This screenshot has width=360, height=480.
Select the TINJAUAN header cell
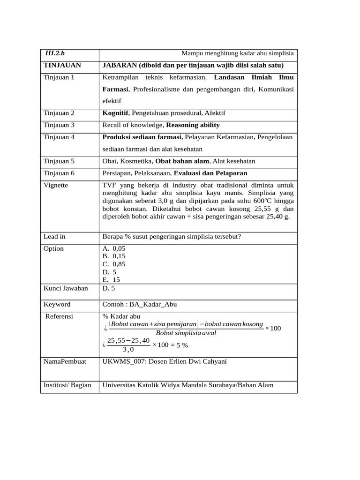point(62,66)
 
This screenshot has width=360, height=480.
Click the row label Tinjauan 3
point(59,125)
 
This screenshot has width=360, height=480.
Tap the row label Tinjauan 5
point(59,161)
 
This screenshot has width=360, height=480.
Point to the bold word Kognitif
point(116,113)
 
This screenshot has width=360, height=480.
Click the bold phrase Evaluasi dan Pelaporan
point(210,173)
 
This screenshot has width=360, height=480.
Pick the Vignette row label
point(55,185)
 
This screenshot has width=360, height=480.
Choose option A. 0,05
point(114,248)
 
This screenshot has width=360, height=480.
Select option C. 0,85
point(114,264)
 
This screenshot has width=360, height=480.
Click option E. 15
point(111,279)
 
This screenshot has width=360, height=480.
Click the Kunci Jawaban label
point(66,288)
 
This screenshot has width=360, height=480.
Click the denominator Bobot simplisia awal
point(186,333)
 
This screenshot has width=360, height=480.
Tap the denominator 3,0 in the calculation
point(128,350)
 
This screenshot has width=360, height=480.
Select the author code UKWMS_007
point(123,361)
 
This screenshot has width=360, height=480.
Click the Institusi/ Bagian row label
point(67,385)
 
